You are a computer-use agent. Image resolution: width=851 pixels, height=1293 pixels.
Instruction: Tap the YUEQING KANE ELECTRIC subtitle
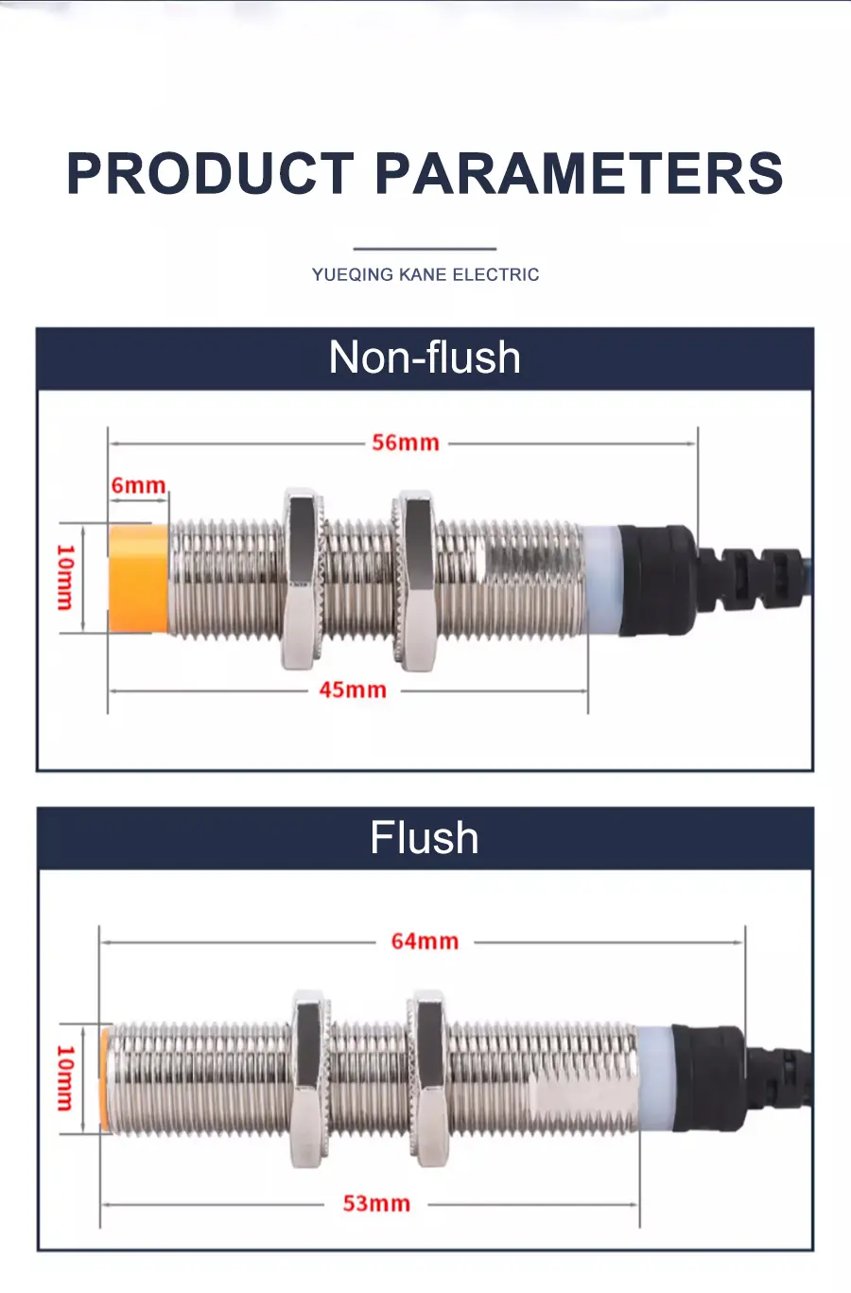(425, 274)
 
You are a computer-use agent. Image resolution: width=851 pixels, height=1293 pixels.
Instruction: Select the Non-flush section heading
(425, 358)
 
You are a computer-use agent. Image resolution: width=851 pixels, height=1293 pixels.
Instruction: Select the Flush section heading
(425, 837)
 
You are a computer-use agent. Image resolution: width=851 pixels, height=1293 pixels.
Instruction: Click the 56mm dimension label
(406, 443)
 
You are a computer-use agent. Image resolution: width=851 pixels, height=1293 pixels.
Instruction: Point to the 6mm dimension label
(138, 485)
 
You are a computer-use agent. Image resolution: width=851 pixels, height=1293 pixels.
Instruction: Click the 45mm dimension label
(353, 690)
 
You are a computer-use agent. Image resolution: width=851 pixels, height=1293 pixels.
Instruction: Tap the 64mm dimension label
(425, 941)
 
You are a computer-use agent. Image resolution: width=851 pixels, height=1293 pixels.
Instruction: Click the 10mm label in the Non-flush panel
(66, 578)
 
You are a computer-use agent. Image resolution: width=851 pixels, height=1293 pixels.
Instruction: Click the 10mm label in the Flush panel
(66, 1079)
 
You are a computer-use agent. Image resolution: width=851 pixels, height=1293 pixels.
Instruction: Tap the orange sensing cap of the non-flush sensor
(138, 578)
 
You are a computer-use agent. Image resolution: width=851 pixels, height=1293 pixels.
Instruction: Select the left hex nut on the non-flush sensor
(303, 578)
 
